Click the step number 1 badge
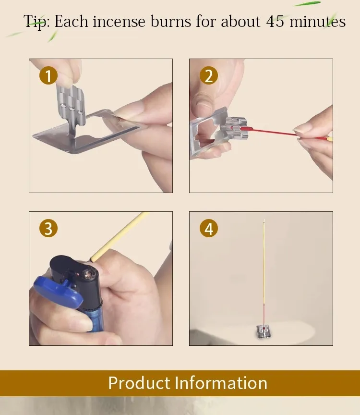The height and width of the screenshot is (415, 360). (48, 76)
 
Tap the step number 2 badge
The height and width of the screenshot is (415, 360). (209, 76)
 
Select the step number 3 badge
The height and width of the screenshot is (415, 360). (48, 228)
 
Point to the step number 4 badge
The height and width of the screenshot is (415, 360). (209, 228)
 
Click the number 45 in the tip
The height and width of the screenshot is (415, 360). (276, 22)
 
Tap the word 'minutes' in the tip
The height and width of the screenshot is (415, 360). (318, 22)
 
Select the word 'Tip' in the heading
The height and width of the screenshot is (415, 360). (35, 22)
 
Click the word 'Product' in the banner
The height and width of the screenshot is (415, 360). (140, 383)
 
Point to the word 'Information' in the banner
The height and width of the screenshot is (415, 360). (221, 383)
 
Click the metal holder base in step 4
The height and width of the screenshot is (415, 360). (264, 331)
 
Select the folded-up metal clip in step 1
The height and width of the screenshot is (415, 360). (71, 106)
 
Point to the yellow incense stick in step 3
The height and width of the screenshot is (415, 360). (119, 236)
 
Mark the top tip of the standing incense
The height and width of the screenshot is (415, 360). (264, 220)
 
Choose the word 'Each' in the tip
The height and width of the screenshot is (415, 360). (71, 22)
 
